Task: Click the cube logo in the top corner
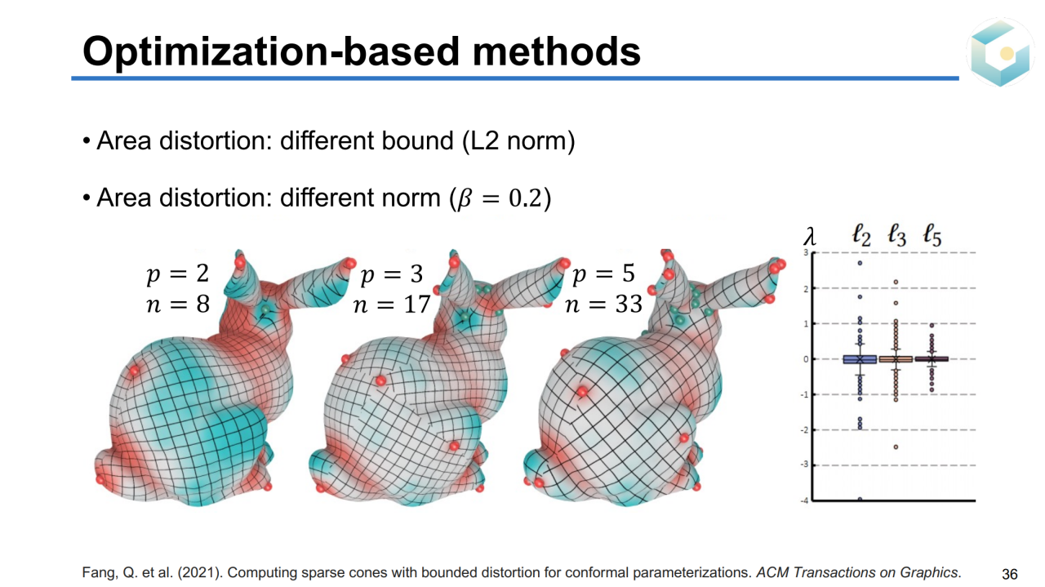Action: (1000, 53)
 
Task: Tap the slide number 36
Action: (1010, 574)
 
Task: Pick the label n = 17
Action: (391, 305)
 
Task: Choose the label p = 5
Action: (603, 274)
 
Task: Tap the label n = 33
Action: (604, 305)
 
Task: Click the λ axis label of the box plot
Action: (810, 238)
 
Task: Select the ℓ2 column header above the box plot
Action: (860, 237)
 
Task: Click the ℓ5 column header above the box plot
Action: (932, 237)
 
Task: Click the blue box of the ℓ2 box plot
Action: (860, 359)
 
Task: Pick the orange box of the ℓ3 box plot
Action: (896, 359)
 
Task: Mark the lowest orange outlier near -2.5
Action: (896, 447)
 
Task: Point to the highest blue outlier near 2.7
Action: (860, 263)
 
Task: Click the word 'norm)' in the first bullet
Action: (541, 141)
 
